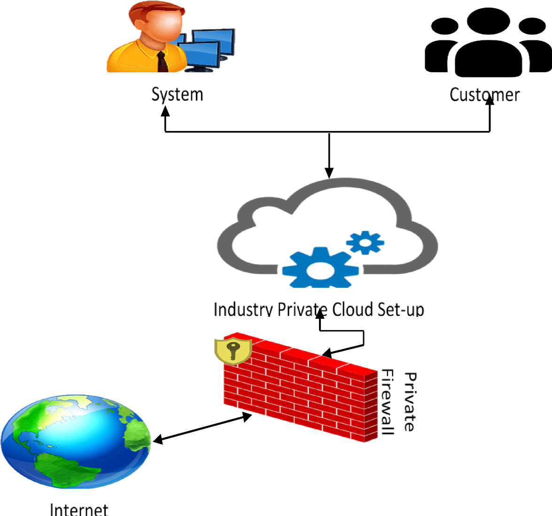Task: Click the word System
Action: pyautogui.click(x=177, y=95)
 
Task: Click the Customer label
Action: pyautogui.click(x=484, y=95)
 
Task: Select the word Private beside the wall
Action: pyautogui.click(x=410, y=402)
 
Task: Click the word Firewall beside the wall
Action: pyautogui.click(x=387, y=402)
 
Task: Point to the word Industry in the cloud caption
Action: pyautogui.click(x=242, y=310)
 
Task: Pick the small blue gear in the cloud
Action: pyautogui.click(x=365, y=242)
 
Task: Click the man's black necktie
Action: pyautogui.click(x=162, y=62)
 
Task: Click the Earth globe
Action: pyautogui.click(x=75, y=441)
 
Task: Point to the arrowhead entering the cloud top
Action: pyautogui.click(x=329, y=173)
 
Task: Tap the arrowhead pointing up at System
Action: pyautogui.click(x=165, y=111)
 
